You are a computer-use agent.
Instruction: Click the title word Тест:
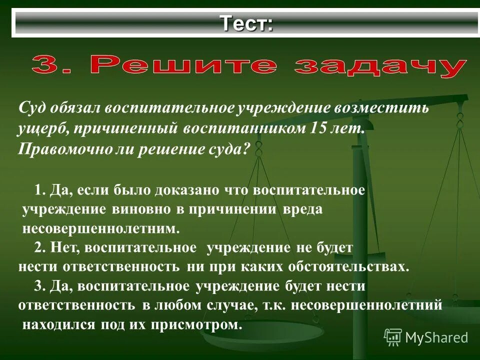pos(247,23)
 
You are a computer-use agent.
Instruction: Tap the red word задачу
pos(380,66)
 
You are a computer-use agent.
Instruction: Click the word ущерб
pos(39,128)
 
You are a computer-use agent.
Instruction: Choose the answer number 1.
pos(40,190)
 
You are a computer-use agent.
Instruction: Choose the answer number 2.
pos(40,247)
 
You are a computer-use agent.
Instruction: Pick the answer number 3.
pos(40,286)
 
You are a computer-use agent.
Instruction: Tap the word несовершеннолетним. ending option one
pos(100,229)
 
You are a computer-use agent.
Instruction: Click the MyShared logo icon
pos(393,337)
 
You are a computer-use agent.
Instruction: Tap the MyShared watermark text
pos(436,337)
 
